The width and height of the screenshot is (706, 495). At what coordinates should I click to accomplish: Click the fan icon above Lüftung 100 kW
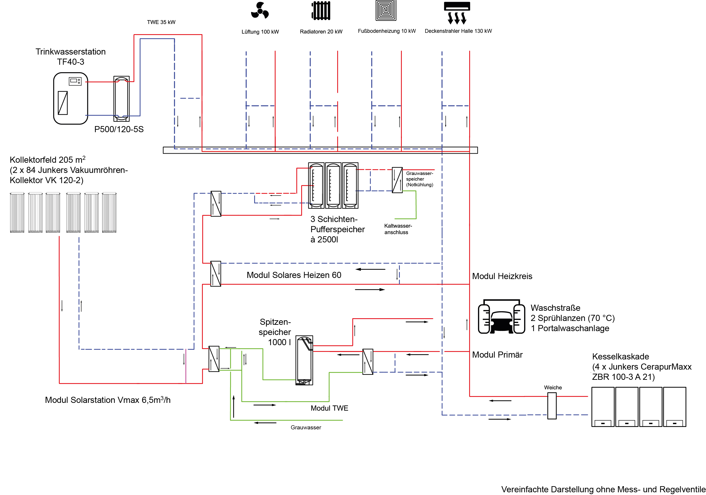[260, 11]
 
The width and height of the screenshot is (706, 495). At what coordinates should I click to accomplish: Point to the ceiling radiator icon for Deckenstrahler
[457, 13]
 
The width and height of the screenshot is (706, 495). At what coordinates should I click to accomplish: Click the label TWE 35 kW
[161, 22]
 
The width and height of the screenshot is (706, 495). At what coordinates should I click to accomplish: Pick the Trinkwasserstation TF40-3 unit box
[71, 98]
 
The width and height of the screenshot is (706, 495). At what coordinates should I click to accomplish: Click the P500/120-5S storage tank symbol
[121, 98]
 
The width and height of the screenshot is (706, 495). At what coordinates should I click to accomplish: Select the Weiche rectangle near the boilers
[552, 405]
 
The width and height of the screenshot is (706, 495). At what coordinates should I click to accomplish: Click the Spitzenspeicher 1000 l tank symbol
[304, 360]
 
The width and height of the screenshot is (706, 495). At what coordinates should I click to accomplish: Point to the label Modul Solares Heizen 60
[294, 275]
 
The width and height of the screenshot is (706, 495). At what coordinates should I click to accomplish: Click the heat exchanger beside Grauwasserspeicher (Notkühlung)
[397, 180]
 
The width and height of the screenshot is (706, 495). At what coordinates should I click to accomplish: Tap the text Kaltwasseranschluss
[398, 229]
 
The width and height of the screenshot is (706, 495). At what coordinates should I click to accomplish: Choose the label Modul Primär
[497, 355]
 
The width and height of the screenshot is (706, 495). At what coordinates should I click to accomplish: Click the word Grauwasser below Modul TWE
[306, 427]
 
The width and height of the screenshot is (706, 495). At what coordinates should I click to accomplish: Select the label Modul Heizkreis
[502, 276]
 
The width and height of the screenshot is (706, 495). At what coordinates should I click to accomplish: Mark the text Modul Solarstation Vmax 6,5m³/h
[108, 399]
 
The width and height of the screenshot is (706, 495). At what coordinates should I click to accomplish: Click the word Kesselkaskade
[621, 356]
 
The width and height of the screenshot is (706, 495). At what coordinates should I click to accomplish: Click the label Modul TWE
[329, 408]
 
